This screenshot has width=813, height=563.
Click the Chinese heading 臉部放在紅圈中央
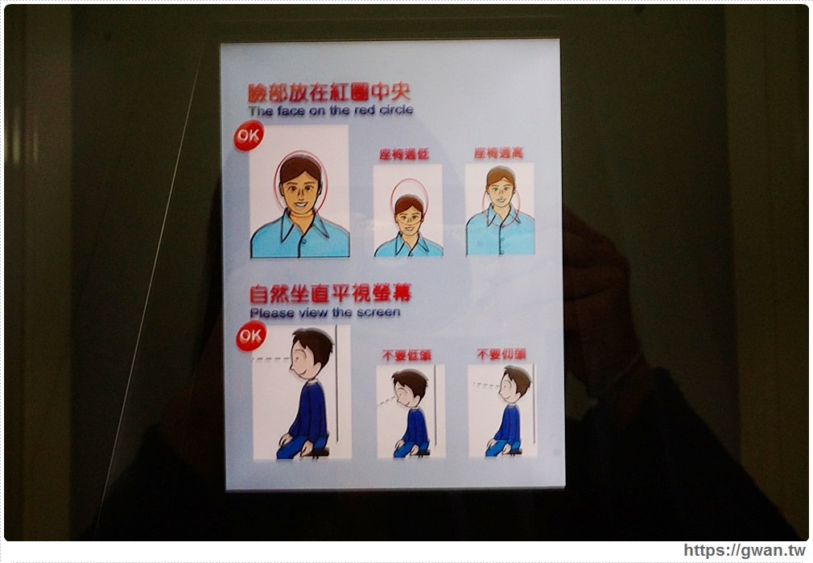328,91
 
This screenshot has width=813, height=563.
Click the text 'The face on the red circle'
330,110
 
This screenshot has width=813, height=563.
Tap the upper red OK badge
248,136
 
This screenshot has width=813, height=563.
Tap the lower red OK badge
251,335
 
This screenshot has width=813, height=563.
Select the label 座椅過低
404,154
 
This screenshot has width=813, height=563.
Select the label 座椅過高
498,153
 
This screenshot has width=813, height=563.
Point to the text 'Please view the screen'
324,312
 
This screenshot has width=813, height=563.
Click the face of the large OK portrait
300,188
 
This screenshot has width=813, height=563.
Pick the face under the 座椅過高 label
501,190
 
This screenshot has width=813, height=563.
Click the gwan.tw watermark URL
744,551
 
